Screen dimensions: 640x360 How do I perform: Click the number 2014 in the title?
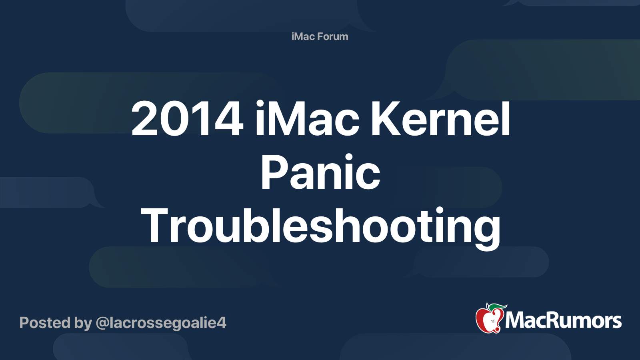coord(187,118)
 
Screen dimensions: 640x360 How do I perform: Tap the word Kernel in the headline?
coord(440,118)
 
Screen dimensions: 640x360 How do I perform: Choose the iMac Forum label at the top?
coord(320,36)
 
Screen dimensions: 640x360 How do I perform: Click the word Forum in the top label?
coord(332,36)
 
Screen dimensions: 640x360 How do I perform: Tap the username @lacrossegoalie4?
coord(161,323)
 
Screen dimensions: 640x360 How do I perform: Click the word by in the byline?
coord(83,323)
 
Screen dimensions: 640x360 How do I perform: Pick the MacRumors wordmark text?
coord(563,320)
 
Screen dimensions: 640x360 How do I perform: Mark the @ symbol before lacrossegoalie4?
coord(103,324)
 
